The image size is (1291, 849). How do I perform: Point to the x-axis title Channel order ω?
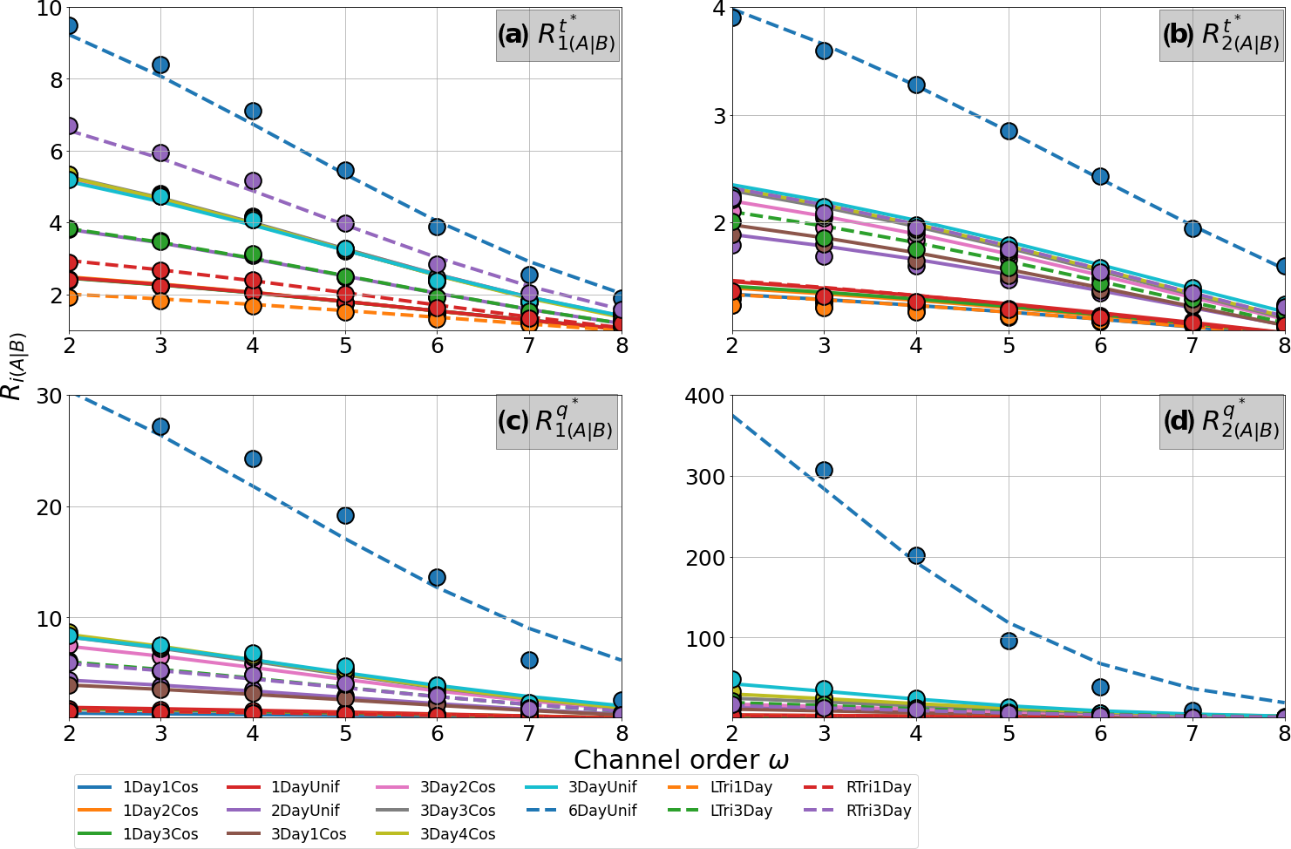pos(681,759)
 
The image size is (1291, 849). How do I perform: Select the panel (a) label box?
pos(558,35)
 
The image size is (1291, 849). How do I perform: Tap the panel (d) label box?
pos(1220,422)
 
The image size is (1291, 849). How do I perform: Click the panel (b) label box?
pos(1220,35)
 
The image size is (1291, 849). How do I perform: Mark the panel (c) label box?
pos(556,422)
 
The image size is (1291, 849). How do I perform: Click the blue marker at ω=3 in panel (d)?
pos(824,470)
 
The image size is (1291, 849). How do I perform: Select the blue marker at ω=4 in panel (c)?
pos(253,458)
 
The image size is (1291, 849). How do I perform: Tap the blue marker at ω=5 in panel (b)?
pos(1009,131)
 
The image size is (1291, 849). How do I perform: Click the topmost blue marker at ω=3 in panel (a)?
pos(160,65)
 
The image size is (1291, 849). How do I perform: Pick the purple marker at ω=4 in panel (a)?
pos(253,181)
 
